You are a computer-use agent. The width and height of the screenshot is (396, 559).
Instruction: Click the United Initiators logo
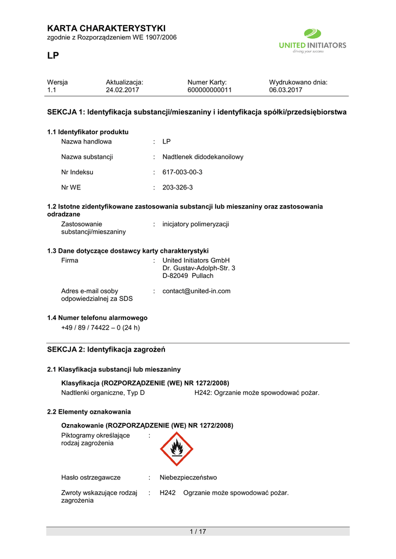click(x=312, y=41)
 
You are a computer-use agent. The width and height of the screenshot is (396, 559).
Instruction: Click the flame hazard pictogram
click(x=176, y=449)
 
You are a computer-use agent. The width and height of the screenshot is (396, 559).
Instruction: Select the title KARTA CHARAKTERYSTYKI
click(x=107, y=28)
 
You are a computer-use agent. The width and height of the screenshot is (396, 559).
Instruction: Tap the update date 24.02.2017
click(x=123, y=90)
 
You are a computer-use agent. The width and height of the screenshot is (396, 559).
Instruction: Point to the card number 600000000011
click(x=209, y=90)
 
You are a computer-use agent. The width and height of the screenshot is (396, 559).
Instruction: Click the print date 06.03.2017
click(x=286, y=90)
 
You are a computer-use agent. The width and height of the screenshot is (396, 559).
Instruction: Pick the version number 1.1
click(x=52, y=90)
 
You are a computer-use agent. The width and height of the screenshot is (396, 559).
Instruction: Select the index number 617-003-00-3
click(x=182, y=172)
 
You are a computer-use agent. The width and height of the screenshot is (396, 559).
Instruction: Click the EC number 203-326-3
click(x=178, y=187)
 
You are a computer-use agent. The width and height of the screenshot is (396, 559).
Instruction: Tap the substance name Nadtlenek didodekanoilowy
click(x=203, y=157)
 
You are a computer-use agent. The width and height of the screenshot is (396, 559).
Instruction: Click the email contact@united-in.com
click(x=197, y=291)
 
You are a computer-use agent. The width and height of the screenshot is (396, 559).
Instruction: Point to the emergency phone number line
click(x=101, y=328)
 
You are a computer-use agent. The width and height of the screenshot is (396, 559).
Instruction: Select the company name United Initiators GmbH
click(x=196, y=260)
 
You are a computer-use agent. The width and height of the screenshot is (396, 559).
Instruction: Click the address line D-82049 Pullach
click(x=188, y=276)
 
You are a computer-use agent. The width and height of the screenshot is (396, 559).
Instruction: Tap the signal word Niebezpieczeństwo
click(x=188, y=477)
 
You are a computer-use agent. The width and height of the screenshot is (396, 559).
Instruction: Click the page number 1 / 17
click(x=198, y=532)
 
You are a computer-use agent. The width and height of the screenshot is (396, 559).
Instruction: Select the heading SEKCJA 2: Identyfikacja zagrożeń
click(x=107, y=349)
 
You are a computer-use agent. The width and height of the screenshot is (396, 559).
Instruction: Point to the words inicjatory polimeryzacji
click(x=196, y=224)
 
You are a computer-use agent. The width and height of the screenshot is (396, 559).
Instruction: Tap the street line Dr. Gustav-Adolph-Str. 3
click(x=199, y=268)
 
